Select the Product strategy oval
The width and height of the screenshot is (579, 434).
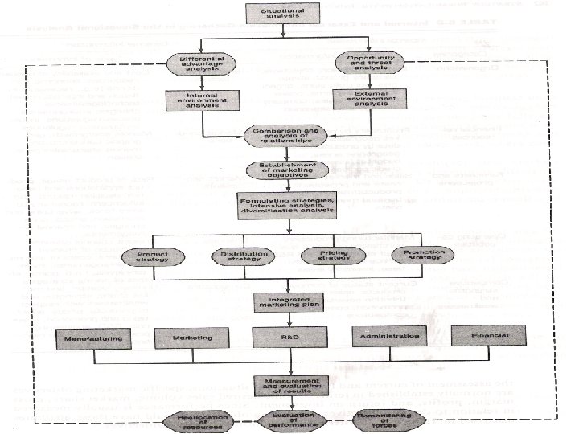click(x=146, y=257)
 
